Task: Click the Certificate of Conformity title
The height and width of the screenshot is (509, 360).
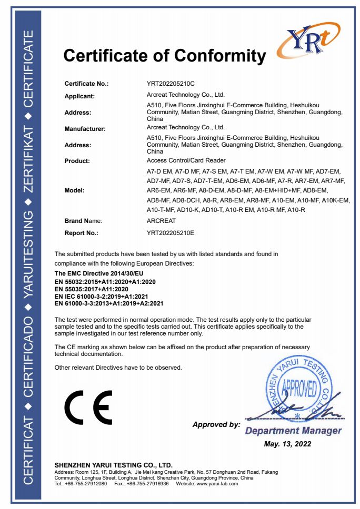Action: [x=165, y=55]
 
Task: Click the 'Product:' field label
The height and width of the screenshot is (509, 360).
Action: [x=77, y=160]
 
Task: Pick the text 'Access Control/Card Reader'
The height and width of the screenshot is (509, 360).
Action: [x=182, y=160]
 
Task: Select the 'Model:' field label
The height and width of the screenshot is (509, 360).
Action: [x=75, y=190]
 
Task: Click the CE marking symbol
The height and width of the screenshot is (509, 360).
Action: [x=88, y=407]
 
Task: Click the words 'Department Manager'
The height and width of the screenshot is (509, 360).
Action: [x=293, y=431]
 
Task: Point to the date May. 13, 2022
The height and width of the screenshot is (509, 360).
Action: [x=287, y=444]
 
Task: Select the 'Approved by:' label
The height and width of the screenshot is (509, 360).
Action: [x=216, y=424]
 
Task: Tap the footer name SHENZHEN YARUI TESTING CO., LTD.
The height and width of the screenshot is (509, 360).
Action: [x=114, y=465]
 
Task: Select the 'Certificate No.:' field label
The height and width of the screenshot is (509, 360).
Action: [x=86, y=84]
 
